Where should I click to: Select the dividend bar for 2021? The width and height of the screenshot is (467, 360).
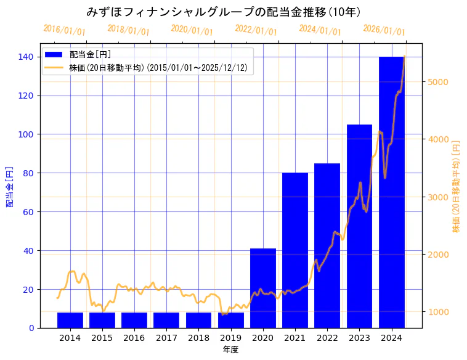(295, 250)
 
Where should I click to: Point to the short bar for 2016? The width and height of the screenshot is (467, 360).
(134, 320)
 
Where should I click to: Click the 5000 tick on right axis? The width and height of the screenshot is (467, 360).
(440, 82)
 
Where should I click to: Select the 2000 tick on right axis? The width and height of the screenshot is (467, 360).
(440, 255)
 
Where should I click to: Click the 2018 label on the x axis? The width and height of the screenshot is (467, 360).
(198, 338)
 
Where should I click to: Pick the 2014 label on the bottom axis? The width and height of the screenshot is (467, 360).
(70, 338)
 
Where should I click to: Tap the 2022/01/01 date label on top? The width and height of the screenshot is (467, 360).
(256, 30)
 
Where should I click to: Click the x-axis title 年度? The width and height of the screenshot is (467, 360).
(230, 350)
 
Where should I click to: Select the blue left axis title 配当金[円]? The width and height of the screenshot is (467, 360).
(10, 186)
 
